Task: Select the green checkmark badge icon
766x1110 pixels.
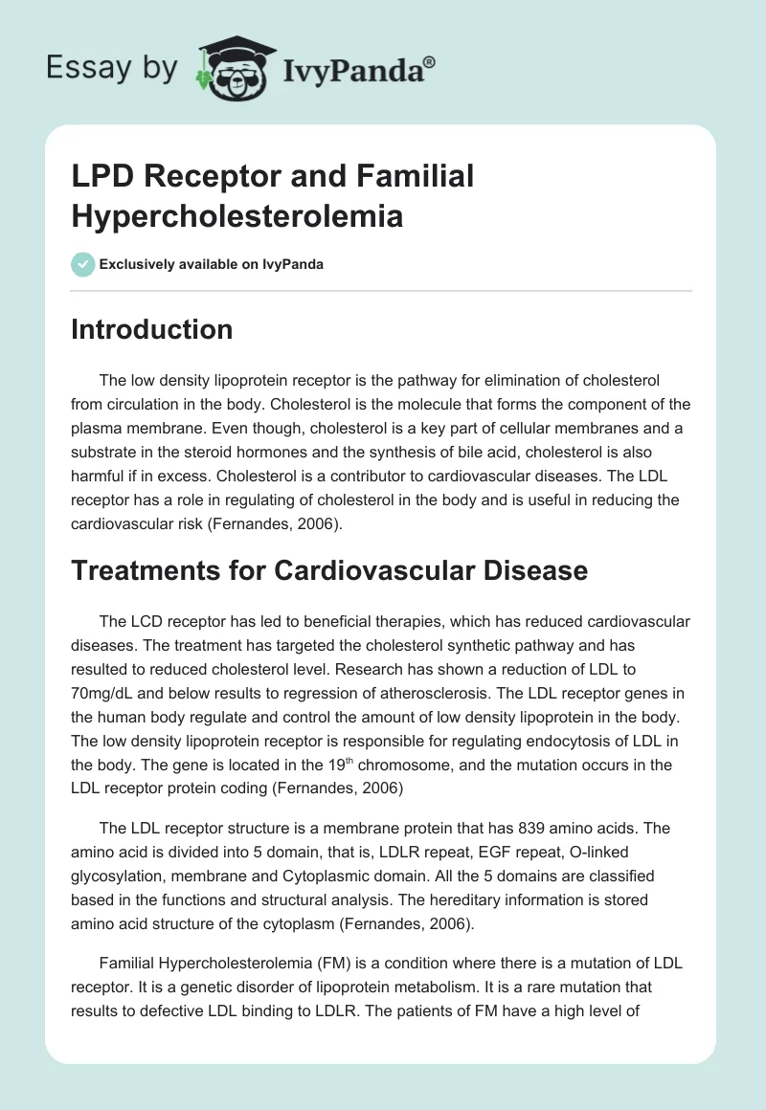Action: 82,264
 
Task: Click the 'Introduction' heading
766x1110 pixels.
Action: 152,329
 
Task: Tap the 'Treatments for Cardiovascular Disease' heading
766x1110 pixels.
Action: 329,569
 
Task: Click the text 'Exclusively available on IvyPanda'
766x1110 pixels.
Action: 211,264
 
